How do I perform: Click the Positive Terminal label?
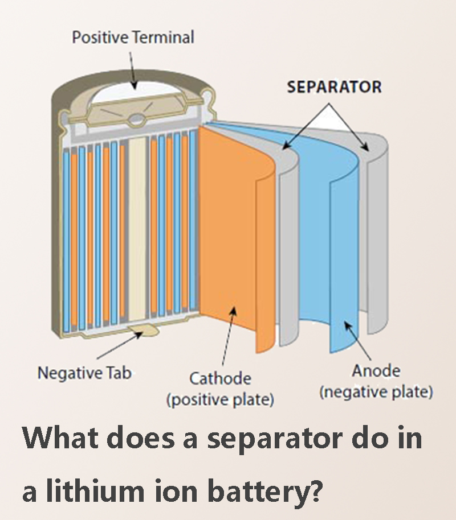click(133, 37)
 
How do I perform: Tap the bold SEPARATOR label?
click(335, 87)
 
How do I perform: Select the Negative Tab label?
click(84, 373)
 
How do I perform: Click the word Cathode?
click(220, 378)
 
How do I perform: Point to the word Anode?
click(376, 370)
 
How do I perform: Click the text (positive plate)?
click(220, 399)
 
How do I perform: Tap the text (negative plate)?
click(376, 391)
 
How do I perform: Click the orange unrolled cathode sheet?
click(233, 232)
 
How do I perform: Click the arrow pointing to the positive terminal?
click(132, 71)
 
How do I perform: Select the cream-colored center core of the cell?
click(137, 229)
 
